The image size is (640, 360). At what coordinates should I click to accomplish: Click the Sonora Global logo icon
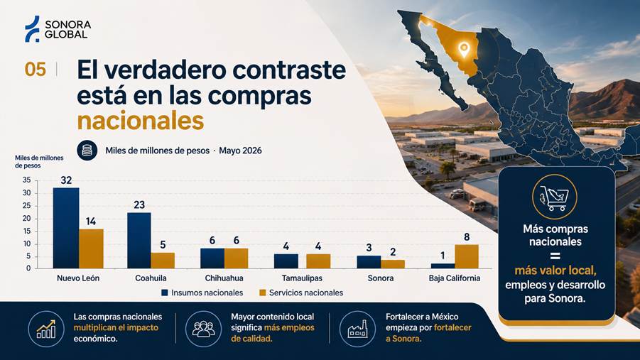click(32, 28)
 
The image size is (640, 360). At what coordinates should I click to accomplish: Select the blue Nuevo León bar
click(66, 228)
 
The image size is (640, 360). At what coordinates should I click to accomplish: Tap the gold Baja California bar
click(467, 256)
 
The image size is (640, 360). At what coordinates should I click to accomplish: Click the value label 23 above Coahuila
click(139, 204)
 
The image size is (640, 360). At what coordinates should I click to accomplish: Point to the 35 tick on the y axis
click(26, 180)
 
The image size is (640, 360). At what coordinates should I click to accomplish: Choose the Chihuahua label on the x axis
click(224, 278)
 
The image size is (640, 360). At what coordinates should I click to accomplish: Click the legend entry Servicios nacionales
click(301, 293)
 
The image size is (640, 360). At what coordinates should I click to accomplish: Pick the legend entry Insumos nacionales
click(202, 293)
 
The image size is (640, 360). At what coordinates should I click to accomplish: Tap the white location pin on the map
click(464, 50)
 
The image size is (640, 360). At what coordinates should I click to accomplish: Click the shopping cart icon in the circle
click(554, 197)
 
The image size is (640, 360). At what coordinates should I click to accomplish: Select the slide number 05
click(35, 70)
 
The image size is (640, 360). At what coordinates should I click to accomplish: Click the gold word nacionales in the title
click(141, 121)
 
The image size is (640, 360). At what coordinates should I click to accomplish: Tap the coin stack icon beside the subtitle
click(87, 151)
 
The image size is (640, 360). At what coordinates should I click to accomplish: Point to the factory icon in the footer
click(357, 329)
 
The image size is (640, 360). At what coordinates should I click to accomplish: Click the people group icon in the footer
click(203, 329)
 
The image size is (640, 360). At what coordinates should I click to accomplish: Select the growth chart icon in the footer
click(46, 329)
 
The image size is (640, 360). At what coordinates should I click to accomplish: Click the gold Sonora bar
click(393, 264)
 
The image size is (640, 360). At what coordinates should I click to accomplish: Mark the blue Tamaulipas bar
click(286, 261)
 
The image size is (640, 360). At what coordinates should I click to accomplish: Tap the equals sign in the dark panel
click(555, 256)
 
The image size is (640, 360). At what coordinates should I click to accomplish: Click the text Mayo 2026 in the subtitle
click(240, 151)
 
